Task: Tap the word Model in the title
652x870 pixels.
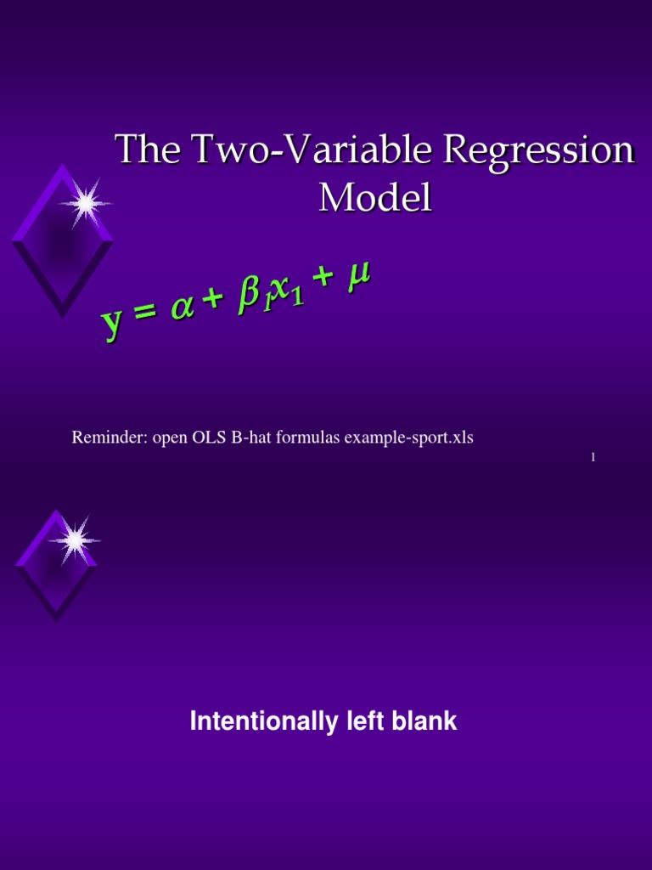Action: pos(374,198)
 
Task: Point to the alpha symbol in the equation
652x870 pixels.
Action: pos(182,309)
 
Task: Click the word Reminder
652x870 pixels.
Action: pos(108,438)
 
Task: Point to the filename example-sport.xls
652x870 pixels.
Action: pos(419,438)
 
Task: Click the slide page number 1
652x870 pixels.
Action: pos(593,458)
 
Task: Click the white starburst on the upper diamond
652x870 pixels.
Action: pos(84,203)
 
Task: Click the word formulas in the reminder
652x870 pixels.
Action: pos(312,438)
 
